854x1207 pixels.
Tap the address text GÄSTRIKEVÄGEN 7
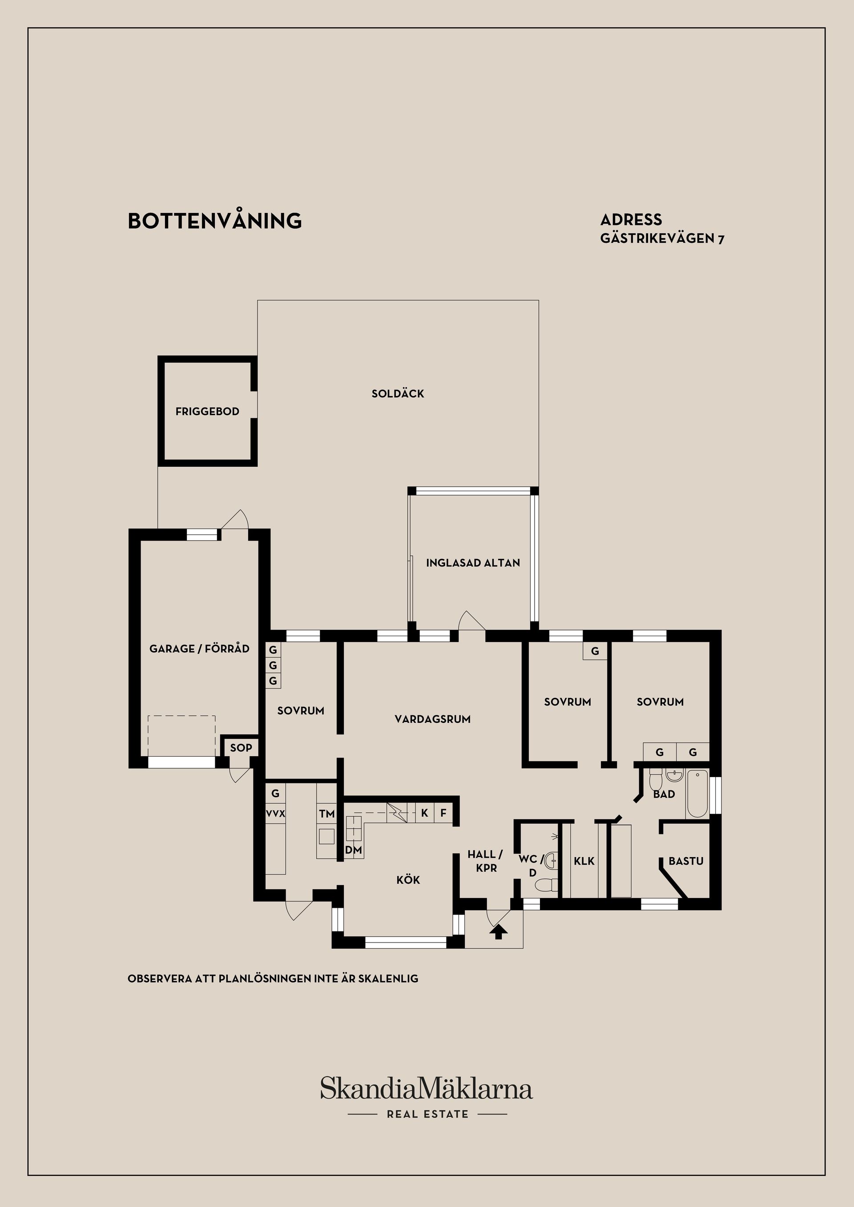tap(662, 238)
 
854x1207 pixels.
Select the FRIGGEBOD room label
tap(207, 411)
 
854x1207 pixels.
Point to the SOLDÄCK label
tap(398, 393)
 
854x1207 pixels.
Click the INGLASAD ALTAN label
tap(473, 562)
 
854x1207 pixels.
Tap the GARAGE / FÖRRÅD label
tap(199, 648)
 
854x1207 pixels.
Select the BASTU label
tap(686, 861)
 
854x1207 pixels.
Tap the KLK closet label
tap(584, 861)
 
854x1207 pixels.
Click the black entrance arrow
tap(499, 932)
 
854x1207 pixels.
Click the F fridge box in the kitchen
tap(443, 813)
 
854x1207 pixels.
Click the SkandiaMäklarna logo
tap(427, 1089)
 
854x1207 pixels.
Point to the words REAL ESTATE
tap(427, 1114)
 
